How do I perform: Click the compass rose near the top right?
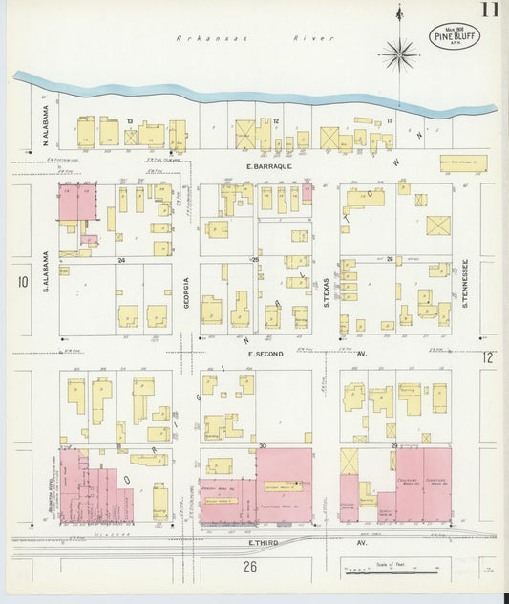pyautogui.click(x=399, y=54)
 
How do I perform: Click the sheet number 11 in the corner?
pyautogui.click(x=488, y=11)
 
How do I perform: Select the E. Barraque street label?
pyautogui.click(x=253, y=165)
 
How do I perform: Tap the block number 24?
pyautogui.click(x=121, y=260)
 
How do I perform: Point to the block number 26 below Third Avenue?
pyautogui.click(x=250, y=567)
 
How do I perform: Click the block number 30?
pyautogui.click(x=261, y=446)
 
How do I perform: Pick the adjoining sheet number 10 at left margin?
pyautogui.click(x=22, y=281)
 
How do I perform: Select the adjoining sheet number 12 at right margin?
pyautogui.click(x=488, y=357)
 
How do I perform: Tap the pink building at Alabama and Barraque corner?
pyautogui.click(x=79, y=204)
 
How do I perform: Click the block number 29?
pyautogui.click(x=393, y=446)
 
